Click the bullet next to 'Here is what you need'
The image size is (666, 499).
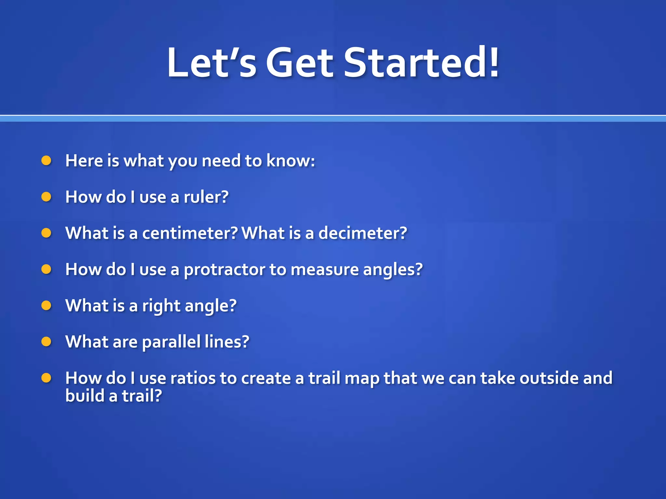pos(47,160)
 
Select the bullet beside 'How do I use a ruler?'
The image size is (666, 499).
pos(47,197)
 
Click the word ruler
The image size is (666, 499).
pos(206,197)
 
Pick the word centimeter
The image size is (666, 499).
pos(190,233)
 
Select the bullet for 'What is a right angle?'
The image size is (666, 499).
pos(47,306)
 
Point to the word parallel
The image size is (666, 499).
pos(171,342)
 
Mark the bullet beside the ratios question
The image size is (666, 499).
pos(47,378)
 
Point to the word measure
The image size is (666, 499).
pos(324,270)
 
